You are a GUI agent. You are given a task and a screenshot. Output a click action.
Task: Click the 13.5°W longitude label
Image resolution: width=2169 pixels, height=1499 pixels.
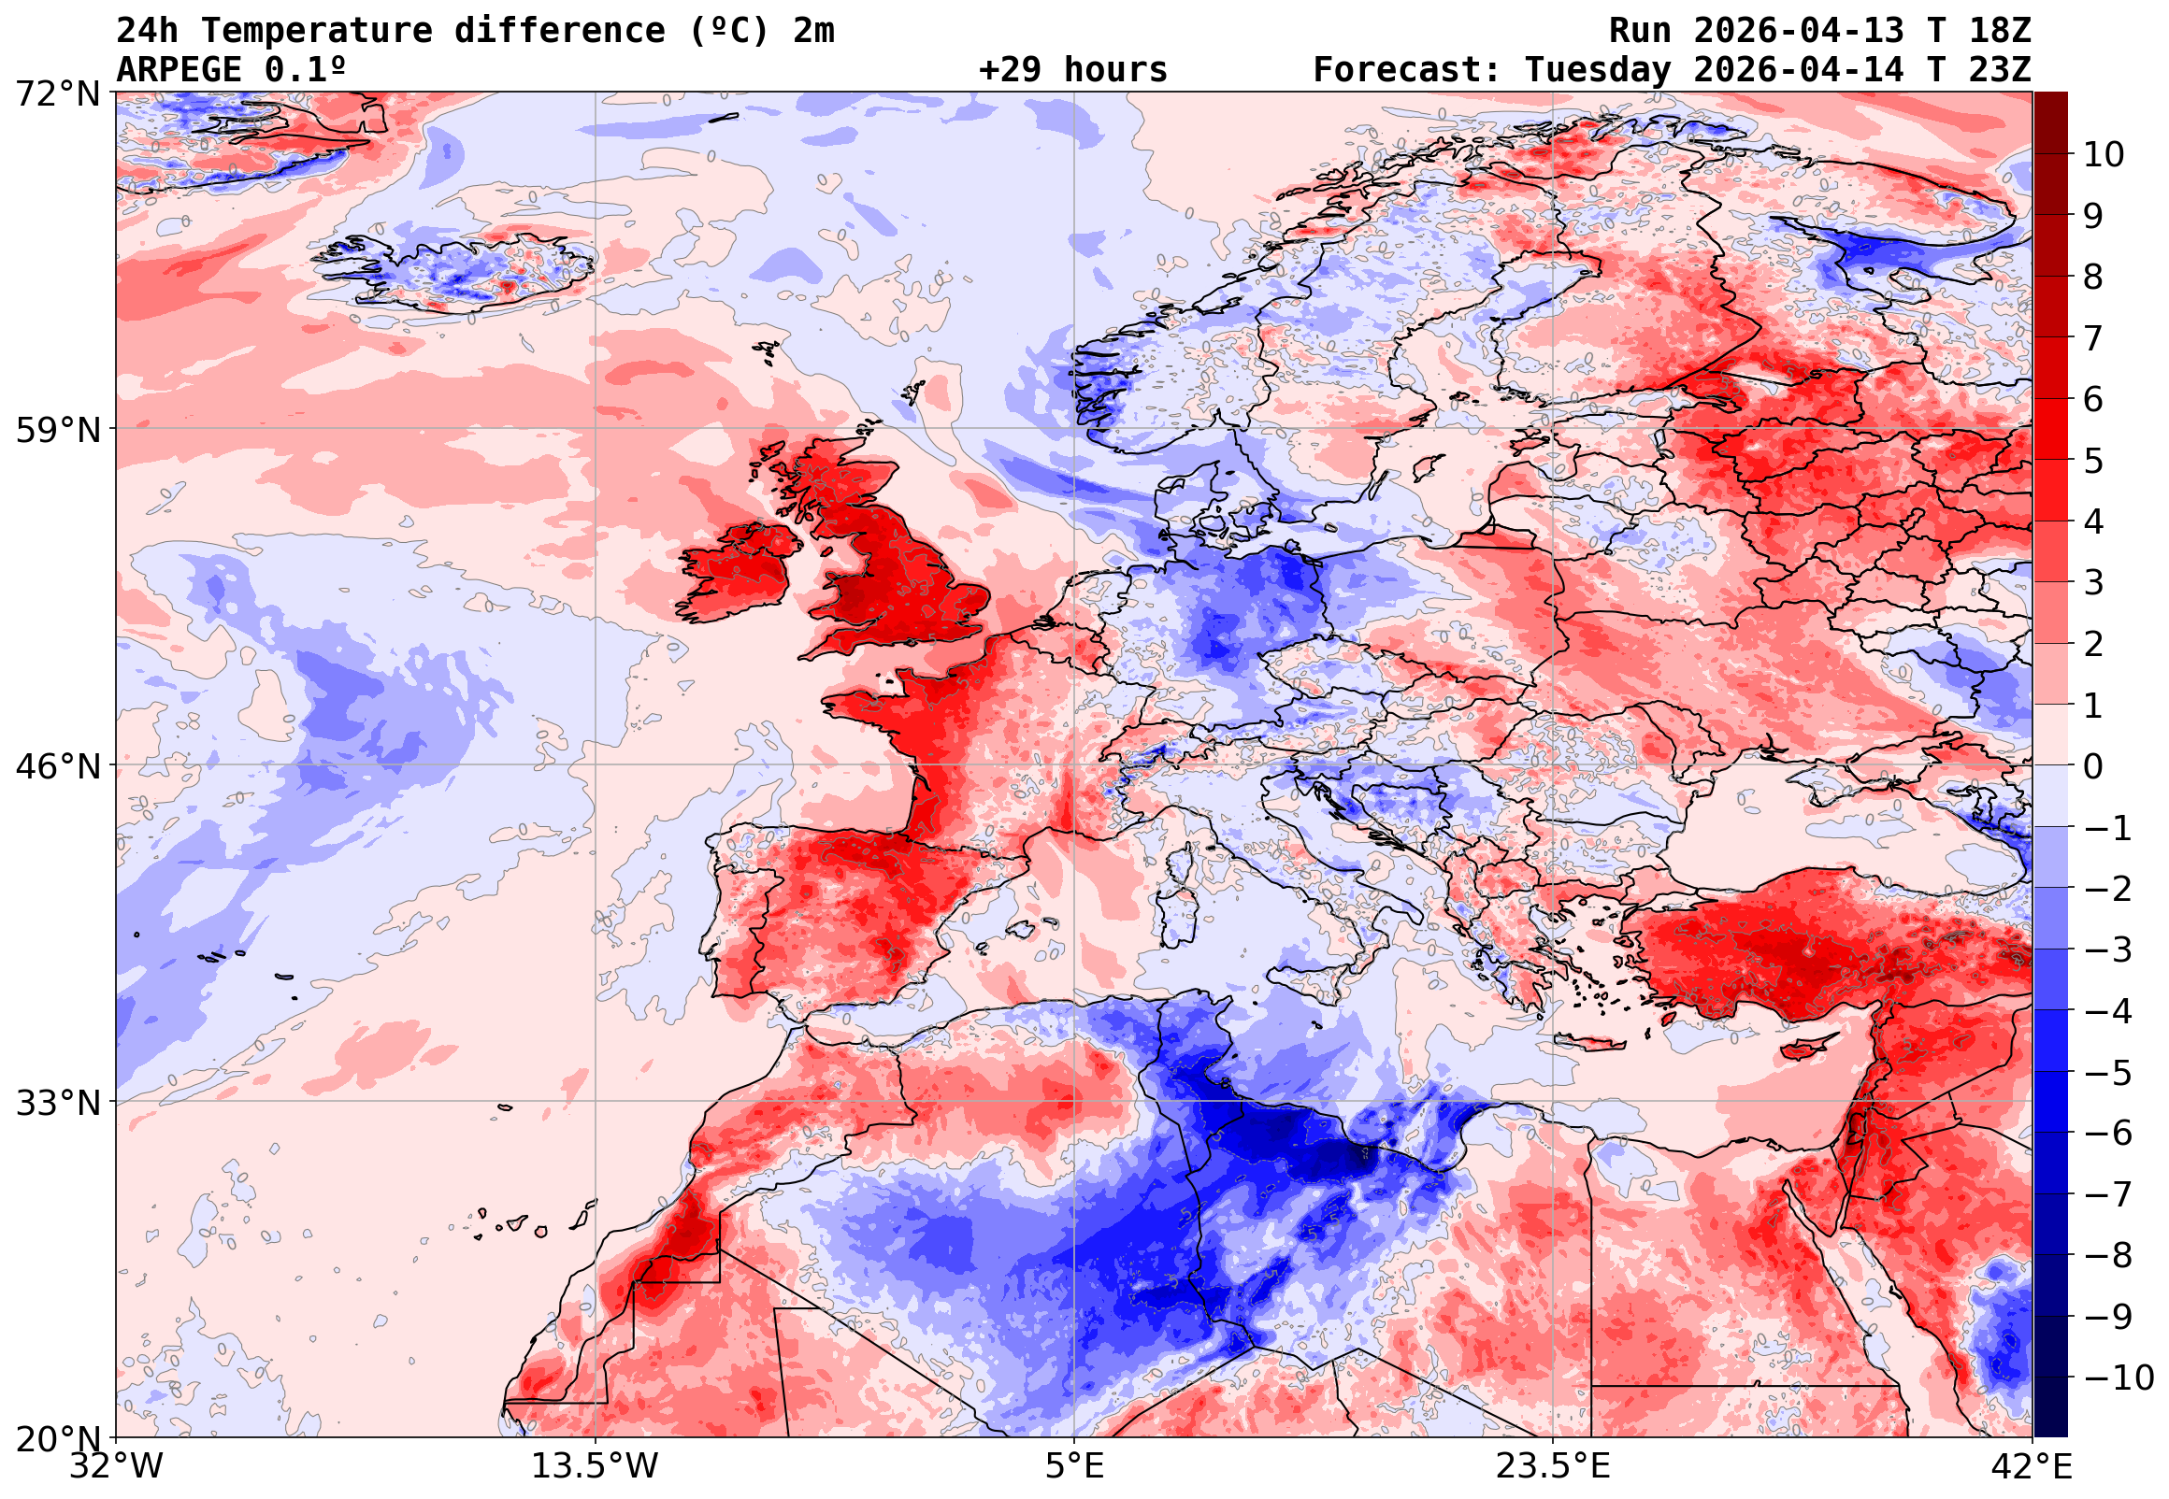coord(596,1466)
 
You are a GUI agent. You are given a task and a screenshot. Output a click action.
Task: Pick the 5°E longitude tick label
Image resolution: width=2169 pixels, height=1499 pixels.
coord(1074,1466)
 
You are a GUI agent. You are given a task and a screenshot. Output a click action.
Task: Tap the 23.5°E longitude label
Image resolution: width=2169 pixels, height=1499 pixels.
coord(1553,1466)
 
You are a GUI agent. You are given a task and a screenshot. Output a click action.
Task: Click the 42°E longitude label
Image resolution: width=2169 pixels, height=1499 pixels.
coord(2031,1466)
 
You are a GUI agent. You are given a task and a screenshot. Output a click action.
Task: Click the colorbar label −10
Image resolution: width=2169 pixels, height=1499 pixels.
coord(2118,1378)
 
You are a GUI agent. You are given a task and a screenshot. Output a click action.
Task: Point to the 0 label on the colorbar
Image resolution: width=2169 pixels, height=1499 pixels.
coord(2093,766)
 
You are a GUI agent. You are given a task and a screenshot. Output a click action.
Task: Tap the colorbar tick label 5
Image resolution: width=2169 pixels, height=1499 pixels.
coord(2093,461)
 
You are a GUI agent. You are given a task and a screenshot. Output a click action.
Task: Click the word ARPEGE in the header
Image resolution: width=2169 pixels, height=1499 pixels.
coord(179,70)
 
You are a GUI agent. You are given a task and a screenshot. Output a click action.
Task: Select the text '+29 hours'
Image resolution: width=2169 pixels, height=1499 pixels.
coord(1072,70)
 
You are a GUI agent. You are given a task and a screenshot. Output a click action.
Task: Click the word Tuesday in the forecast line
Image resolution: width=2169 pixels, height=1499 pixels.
coord(1597,70)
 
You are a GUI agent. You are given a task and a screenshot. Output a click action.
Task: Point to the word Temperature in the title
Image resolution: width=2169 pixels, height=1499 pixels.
coord(317,31)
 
